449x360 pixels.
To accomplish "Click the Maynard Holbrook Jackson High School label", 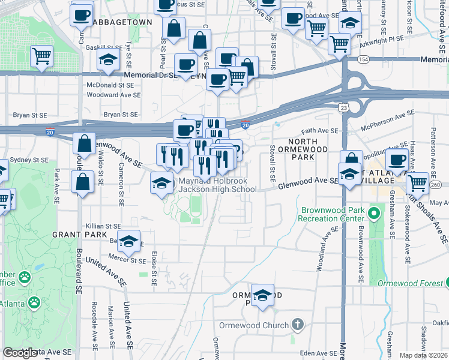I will [217, 184].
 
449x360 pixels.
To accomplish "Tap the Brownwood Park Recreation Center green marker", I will [376, 213].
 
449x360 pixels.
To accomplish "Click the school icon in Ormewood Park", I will [262, 296].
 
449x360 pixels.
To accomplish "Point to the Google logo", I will [20, 353].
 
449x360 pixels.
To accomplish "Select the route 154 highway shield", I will [363, 59].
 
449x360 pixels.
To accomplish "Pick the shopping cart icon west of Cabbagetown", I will [41, 56].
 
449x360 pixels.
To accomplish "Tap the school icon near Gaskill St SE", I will [108, 60].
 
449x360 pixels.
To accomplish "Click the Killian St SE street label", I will [104, 226].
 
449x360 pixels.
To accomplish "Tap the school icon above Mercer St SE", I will [128, 242].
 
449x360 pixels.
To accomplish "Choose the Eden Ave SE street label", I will [316, 353].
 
